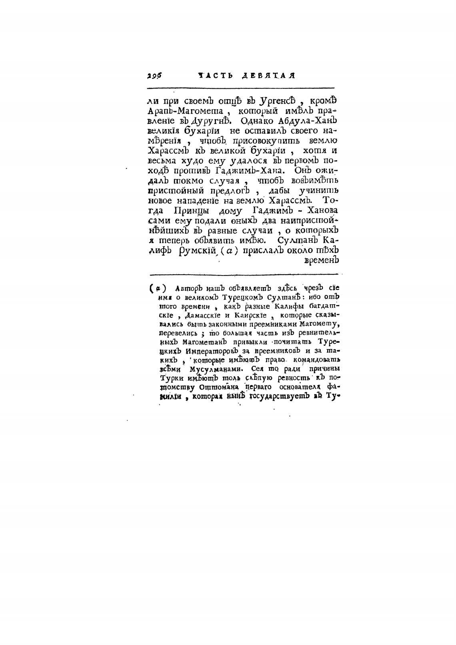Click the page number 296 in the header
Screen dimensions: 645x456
click(x=154, y=75)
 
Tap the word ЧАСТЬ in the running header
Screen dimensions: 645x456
click(x=215, y=75)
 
